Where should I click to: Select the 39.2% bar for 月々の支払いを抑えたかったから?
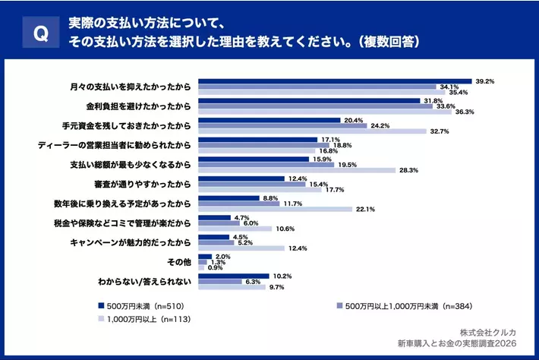[x=334, y=81]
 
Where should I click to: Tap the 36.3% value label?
[x=464, y=112]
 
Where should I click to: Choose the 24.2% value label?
[x=380, y=125]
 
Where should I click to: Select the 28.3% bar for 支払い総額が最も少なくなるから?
[x=297, y=171]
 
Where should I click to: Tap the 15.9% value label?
[x=321, y=159]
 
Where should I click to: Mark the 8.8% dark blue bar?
[x=229, y=198]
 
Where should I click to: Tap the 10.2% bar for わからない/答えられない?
[x=234, y=276]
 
